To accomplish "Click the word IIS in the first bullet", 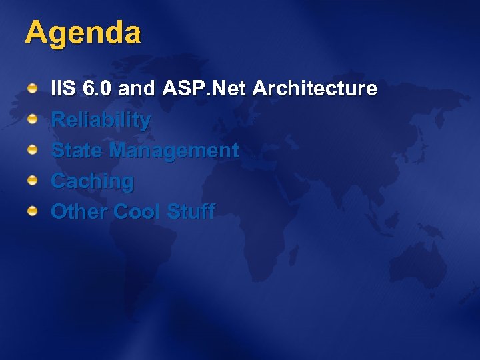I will click(x=64, y=89).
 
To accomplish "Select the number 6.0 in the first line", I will click(x=99, y=89).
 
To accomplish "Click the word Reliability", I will click(x=101, y=120).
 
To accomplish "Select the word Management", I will click(x=174, y=151).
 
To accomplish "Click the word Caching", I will click(x=92, y=181).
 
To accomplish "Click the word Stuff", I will click(x=191, y=212).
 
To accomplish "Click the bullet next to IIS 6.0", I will click(x=32, y=89).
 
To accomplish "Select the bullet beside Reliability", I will click(x=32, y=119).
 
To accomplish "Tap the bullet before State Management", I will click(x=32, y=150).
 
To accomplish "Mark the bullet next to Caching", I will click(x=32, y=181).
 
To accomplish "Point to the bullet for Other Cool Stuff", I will click(x=32, y=211).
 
